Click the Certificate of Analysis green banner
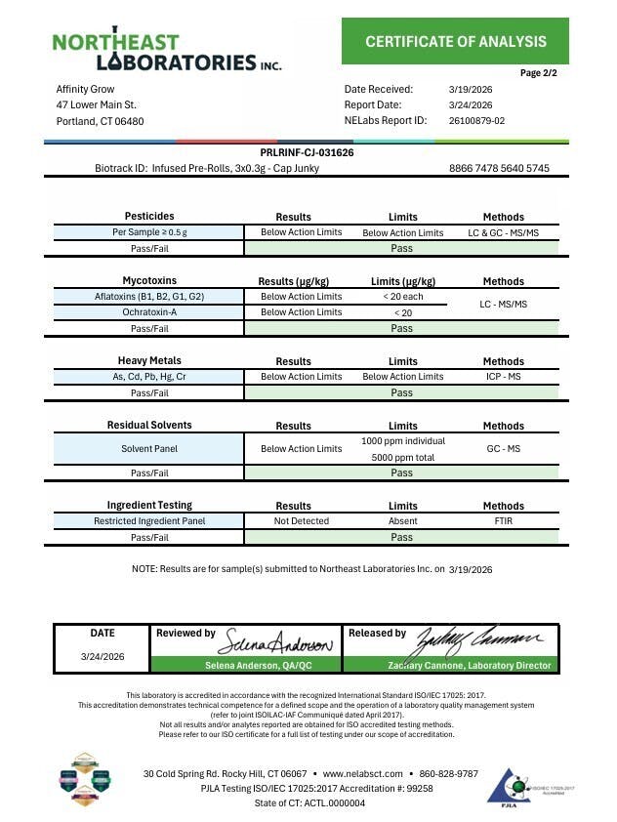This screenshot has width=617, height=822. tap(456, 41)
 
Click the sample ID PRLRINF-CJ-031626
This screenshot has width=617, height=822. tap(308, 153)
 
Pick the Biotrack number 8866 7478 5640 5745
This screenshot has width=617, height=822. tap(499, 168)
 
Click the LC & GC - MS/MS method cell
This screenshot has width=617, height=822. tap(503, 232)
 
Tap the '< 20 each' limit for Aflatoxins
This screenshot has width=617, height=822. tap(402, 296)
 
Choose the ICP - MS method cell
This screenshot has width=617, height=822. tap(503, 376)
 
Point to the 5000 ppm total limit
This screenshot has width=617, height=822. tap(402, 457)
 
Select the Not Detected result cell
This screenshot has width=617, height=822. tap(302, 520)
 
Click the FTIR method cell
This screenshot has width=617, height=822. tap(503, 520)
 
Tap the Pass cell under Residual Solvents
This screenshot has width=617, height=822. tap(402, 473)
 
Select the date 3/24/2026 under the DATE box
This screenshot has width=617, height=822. tap(103, 656)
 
